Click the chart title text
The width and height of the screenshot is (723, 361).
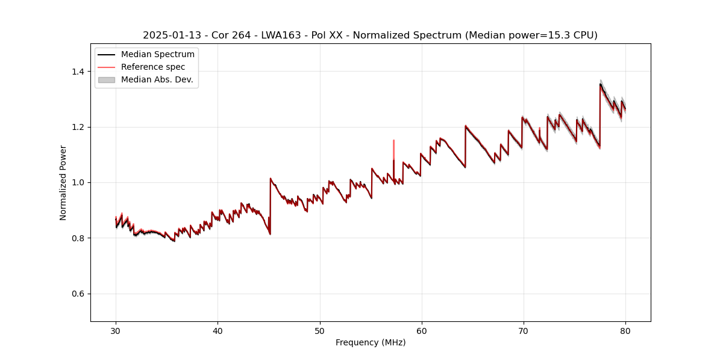click(370, 35)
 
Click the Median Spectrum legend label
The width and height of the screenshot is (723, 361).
click(157, 55)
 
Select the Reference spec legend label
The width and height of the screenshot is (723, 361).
click(153, 67)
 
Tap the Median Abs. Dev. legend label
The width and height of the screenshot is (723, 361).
click(157, 79)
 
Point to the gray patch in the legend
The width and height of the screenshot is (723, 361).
click(106, 79)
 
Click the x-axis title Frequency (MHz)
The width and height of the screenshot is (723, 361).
click(371, 343)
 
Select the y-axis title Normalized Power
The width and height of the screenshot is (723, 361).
click(63, 182)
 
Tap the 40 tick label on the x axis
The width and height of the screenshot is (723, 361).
click(218, 331)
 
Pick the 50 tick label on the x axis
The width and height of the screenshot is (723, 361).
click(320, 331)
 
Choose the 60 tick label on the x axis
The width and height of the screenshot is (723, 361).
click(422, 331)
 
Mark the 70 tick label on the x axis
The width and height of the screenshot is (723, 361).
click(524, 331)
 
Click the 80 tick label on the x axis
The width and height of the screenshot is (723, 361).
click(625, 331)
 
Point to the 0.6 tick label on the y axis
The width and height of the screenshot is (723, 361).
click(78, 294)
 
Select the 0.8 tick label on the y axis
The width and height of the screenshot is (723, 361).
click(78, 238)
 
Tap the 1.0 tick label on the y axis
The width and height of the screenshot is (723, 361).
click(78, 182)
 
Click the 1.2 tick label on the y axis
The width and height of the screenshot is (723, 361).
click(78, 127)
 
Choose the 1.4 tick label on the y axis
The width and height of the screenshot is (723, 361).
click(78, 72)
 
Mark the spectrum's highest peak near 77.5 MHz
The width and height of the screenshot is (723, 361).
click(600, 85)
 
